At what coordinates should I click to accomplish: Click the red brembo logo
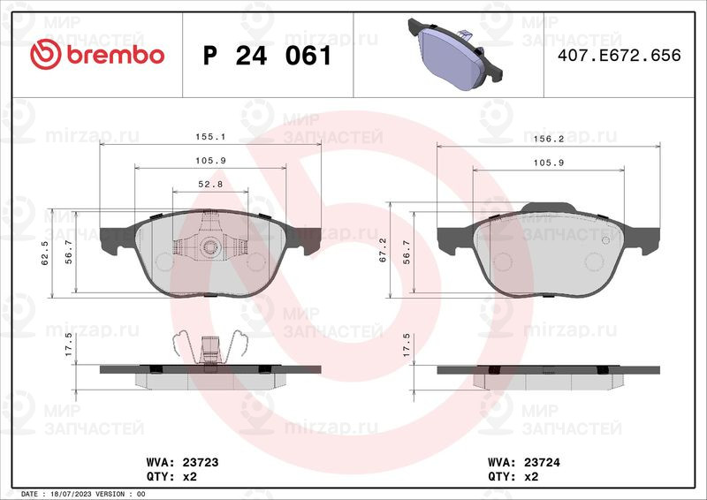97,55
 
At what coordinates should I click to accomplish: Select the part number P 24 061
268,56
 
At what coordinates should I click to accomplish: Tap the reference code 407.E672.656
620,55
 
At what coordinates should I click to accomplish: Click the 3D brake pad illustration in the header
454,54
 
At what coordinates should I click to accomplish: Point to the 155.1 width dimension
210,136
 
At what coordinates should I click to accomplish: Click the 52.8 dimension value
210,184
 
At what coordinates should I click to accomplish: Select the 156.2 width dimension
549,139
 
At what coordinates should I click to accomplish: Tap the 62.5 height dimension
45,253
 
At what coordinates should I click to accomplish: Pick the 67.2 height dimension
383,251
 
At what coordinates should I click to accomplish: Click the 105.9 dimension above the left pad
210,161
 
